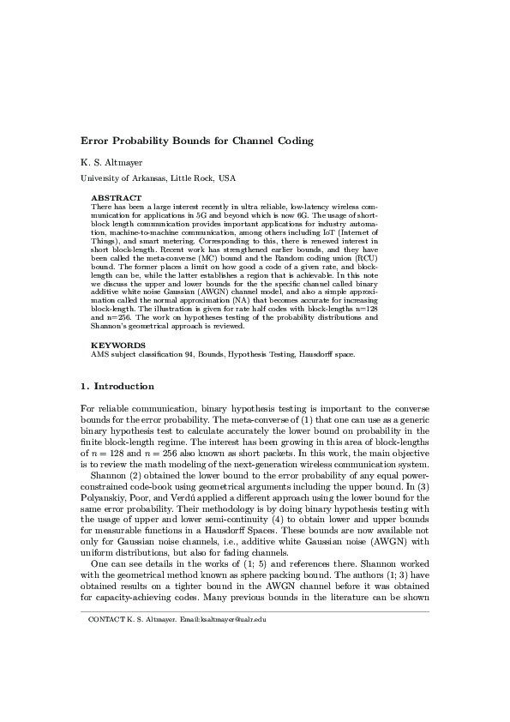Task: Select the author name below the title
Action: [113, 161]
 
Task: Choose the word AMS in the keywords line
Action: [99, 353]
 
